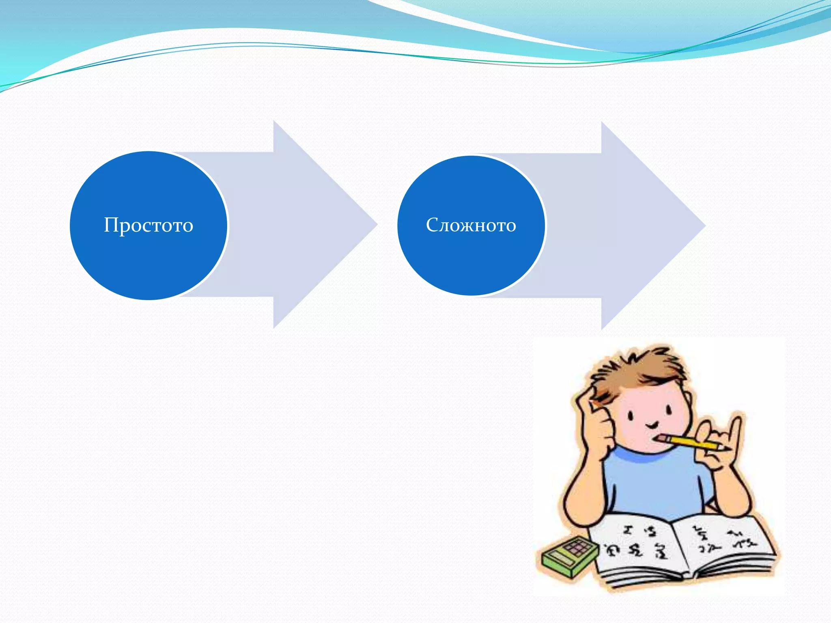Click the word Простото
click(149, 225)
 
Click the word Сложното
click(471, 225)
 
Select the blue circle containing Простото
click(149, 264)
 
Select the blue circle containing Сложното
click(471, 264)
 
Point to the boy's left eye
click(631, 415)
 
